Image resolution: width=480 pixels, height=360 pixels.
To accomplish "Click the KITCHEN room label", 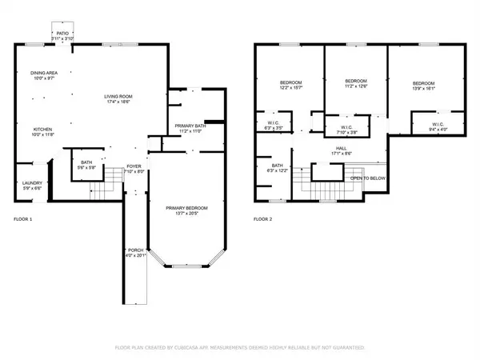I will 42,129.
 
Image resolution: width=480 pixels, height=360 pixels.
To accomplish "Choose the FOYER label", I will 134,166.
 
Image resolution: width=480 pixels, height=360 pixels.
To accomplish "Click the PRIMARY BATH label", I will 190,126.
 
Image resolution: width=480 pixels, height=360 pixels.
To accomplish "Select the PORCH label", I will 135,250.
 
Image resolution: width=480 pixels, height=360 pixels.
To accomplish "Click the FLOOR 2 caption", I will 263,218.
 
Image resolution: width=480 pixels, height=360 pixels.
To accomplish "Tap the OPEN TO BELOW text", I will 368,178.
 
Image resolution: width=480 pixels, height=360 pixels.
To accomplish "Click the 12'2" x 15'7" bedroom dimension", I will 290,88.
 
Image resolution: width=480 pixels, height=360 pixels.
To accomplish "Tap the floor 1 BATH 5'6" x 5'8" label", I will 86,166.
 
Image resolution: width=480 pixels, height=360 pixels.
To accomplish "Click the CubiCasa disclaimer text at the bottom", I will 240,348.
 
